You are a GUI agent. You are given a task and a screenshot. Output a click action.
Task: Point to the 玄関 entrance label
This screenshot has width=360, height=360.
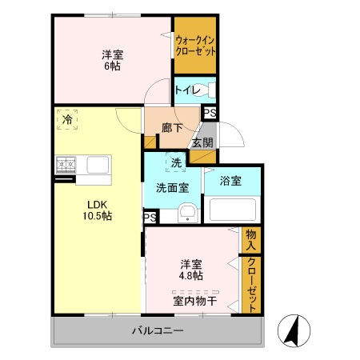pos(202,143)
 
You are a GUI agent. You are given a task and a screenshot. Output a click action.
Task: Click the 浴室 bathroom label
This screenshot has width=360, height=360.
pos(230,182)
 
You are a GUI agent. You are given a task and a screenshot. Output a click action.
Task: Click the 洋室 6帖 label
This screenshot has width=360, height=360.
pos(113,60)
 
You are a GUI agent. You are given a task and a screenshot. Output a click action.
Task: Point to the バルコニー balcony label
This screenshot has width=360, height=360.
pos(158,330)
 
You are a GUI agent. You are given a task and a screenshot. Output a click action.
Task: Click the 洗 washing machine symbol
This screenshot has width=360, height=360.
pos(175,162)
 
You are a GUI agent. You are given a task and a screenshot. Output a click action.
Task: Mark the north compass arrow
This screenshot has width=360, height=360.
pos(291,330)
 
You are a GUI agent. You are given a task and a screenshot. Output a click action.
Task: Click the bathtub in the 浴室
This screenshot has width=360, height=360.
pos(233,210)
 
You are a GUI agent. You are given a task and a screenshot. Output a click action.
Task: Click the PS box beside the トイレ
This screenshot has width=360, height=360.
pos(210,113)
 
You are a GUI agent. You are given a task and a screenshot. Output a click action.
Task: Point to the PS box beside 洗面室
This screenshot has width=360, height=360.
pos(150,217)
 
